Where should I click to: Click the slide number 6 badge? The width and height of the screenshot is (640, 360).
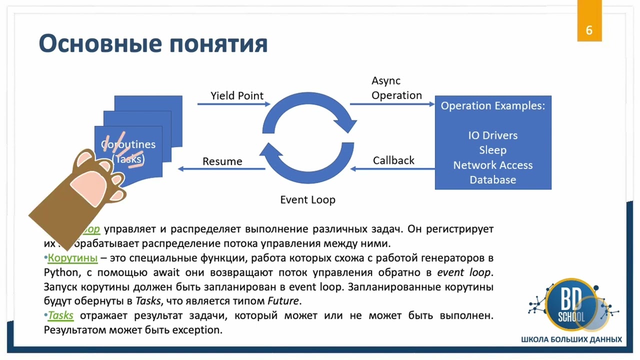click(x=589, y=29)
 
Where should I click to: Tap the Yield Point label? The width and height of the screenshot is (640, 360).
click(x=237, y=95)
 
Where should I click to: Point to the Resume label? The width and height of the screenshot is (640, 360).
click(x=222, y=161)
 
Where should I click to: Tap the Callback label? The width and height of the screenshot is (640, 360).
click(x=393, y=160)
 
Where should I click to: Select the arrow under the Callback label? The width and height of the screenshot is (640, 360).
click(x=392, y=169)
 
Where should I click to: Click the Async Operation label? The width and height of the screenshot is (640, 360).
click(x=396, y=88)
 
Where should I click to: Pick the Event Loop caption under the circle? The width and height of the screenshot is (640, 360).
click(x=307, y=200)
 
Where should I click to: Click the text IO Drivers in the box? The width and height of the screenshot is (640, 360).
click(x=492, y=135)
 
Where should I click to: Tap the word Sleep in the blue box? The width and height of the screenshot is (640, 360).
click(x=492, y=150)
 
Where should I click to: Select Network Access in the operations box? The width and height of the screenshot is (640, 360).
click(x=492, y=165)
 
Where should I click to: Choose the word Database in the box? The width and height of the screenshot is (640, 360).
click(x=492, y=179)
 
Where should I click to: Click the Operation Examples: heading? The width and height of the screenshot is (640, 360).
click(x=492, y=106)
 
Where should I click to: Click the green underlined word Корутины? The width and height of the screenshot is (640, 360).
click(x=72, y=258)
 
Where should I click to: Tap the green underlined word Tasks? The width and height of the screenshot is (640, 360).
click(x=60, y=315)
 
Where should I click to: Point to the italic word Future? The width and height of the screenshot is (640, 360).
click(x=283, y=301)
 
